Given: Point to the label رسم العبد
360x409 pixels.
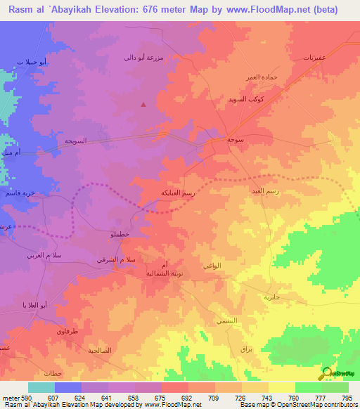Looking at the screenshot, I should (265, 190).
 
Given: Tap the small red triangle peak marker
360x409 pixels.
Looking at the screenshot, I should (144, 105).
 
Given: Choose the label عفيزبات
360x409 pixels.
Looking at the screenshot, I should (314, 56).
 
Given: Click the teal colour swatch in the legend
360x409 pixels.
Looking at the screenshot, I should (41, 387).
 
